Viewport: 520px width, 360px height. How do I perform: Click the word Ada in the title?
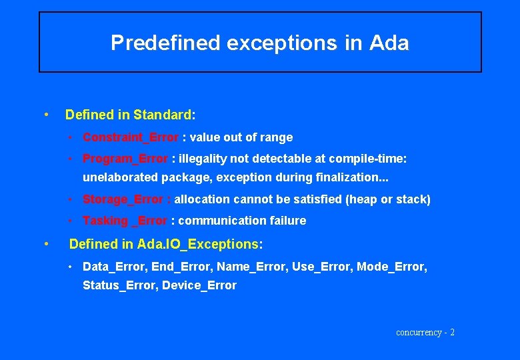(x=388, y=43)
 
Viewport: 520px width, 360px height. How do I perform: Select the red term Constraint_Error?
(x=130, y=137)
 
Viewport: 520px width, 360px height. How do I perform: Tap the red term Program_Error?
(x=125, y=159)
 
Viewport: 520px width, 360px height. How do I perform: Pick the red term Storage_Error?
(x=123, y=199)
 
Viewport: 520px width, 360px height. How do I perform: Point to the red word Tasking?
(x=105, y=221)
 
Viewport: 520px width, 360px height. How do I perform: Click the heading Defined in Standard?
(x=130, y=115)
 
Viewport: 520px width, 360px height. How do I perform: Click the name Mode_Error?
(x=391, y=267)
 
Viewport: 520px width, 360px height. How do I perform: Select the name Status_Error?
(x=117, y=285)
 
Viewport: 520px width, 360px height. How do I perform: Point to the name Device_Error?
(x=199, y=285)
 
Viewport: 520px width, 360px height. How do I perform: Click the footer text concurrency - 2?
(x=425, y=332)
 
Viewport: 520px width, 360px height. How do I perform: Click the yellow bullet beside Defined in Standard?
(x=45, y=114)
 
